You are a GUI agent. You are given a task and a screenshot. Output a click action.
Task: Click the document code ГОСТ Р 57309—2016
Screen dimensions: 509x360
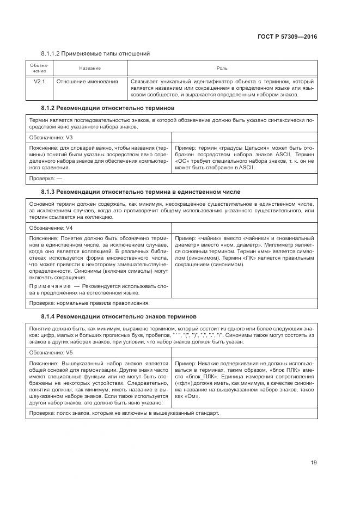[x=287, y=37]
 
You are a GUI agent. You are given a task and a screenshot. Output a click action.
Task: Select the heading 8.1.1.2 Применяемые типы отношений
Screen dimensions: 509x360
[x=95, y=53]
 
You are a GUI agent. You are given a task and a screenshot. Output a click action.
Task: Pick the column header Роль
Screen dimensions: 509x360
[x=222, y=68]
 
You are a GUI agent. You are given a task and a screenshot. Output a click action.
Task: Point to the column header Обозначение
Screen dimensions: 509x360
[x=39, y=68]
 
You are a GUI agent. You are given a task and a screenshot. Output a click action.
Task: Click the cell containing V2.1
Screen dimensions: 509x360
[x=39, y=82]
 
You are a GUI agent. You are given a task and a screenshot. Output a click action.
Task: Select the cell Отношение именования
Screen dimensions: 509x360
[x=87, y=82]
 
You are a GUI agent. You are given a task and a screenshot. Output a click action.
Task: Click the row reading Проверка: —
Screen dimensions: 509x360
[x=46, y=178]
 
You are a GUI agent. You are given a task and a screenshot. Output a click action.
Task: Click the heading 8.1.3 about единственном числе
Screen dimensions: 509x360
[x=141, y=192]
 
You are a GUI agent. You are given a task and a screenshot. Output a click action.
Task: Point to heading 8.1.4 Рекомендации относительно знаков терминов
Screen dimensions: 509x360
[x=119, y=316]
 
